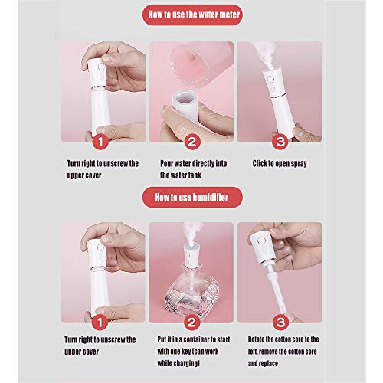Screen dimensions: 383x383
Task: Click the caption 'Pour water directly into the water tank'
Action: point(193,169)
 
